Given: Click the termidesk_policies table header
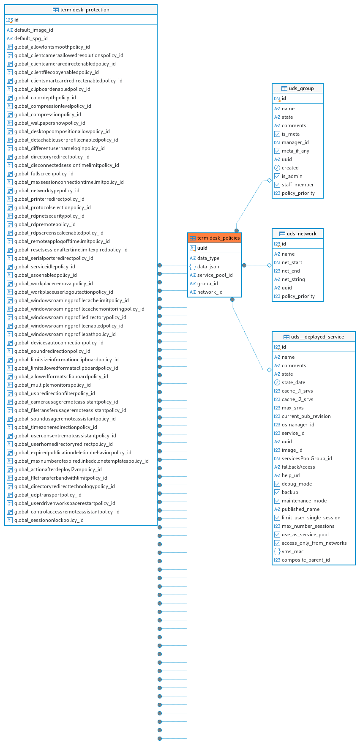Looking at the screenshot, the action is [215, 238].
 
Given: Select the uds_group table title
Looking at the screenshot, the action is [301, 88].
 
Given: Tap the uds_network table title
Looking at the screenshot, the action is [302, 234].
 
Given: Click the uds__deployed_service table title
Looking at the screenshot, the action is [317, 337].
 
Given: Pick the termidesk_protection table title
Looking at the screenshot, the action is [85, 10].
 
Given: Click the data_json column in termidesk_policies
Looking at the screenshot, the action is [208, 267].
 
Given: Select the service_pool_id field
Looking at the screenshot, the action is [215, 275].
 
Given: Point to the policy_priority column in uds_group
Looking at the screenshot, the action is [298, 193].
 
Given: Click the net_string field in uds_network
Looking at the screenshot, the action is [293, 279].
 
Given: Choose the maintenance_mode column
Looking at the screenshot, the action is [304, 501].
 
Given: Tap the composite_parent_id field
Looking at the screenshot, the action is [306, 560].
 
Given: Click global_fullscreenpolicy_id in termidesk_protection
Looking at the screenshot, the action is [44, 174].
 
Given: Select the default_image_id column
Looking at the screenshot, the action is [34, 30].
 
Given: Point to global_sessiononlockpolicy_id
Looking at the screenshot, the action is [49, 520].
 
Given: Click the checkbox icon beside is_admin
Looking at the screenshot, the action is [277, 176].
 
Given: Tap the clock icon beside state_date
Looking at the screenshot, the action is [277, 382].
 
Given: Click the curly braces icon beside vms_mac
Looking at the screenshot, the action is [277, 551].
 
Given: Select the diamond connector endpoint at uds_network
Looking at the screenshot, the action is [269, 265].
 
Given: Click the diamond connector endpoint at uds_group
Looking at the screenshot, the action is [269, 180].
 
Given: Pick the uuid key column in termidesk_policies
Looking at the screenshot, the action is [202, 248].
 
